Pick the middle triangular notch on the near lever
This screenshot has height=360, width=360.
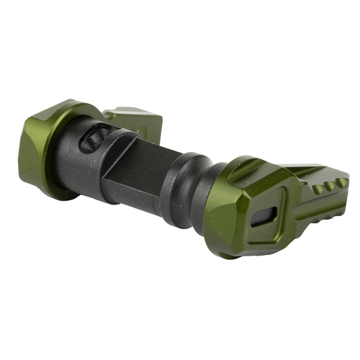point(330,186)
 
